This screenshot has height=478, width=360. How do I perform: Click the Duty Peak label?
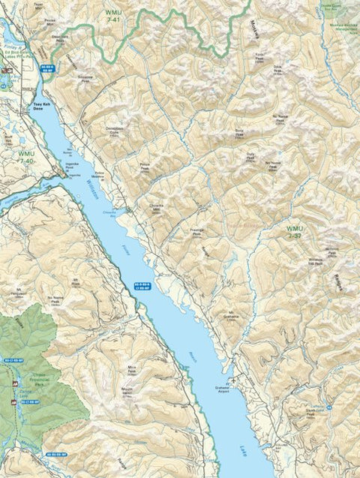[250, 158]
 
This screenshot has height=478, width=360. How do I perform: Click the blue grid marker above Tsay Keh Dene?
[46, 69]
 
